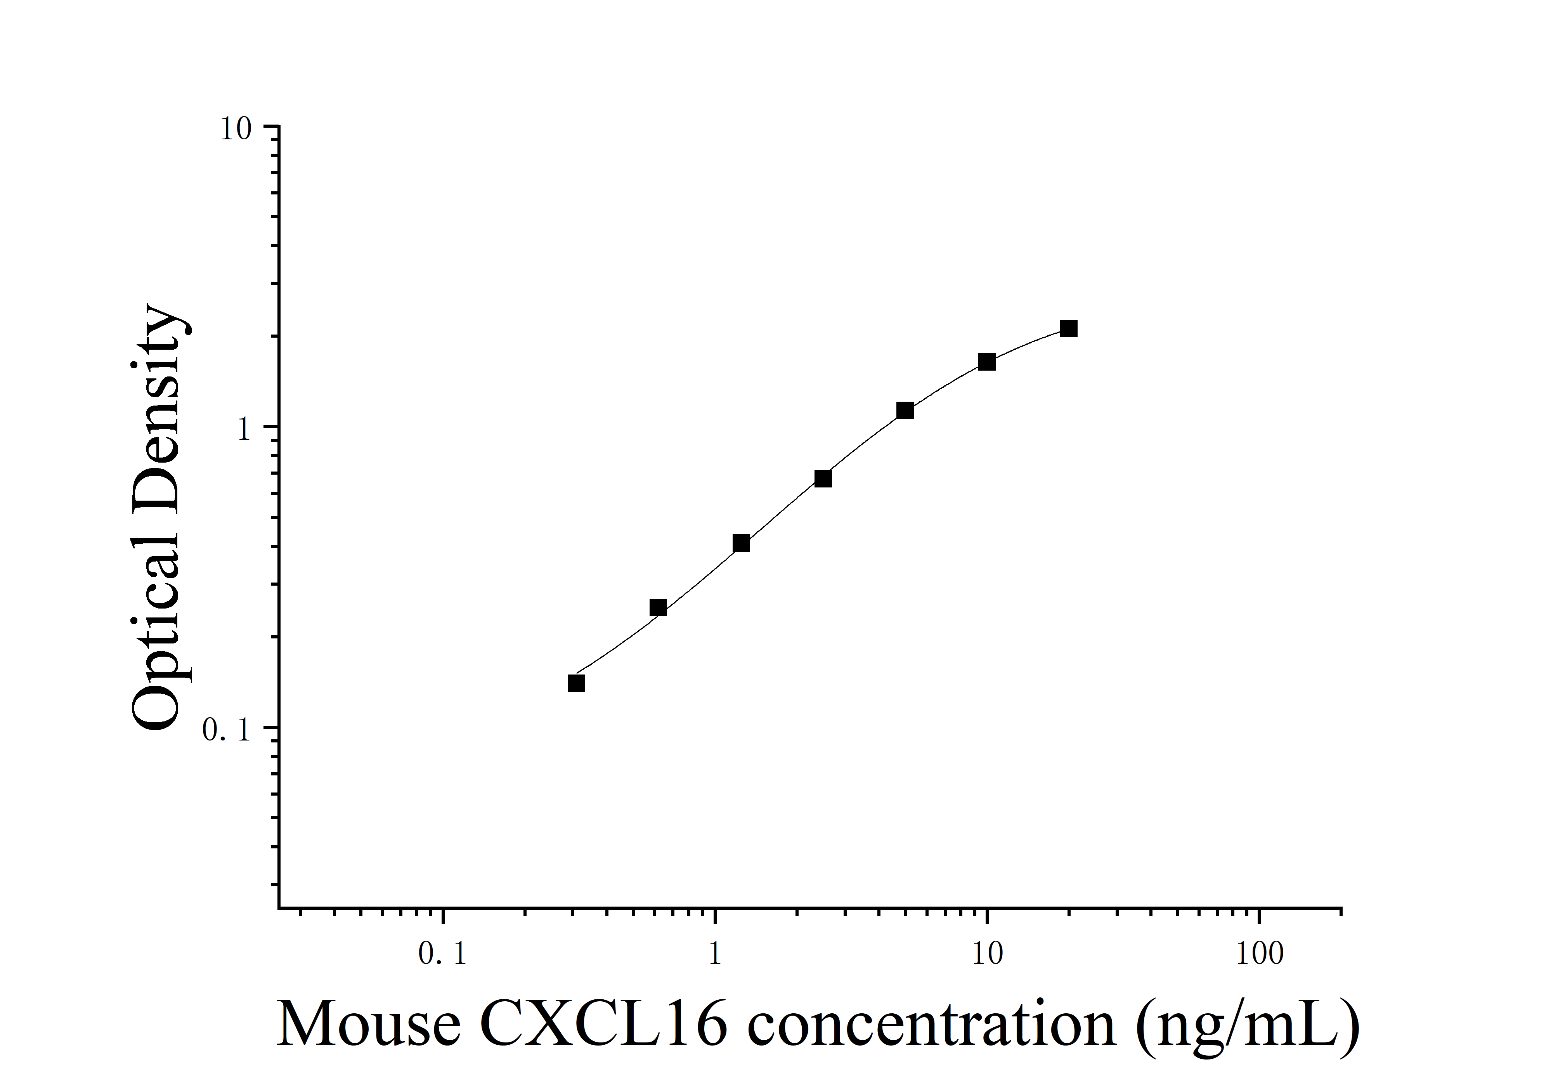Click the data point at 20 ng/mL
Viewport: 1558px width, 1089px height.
[x=1069, y=329]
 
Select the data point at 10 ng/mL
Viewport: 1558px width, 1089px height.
[x=987, y=362]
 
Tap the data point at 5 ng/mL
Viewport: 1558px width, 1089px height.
[x=905, y=411]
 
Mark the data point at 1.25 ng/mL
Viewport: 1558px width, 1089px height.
[x=741, y=543]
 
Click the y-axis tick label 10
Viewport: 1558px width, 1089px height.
[x=236, y=129]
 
